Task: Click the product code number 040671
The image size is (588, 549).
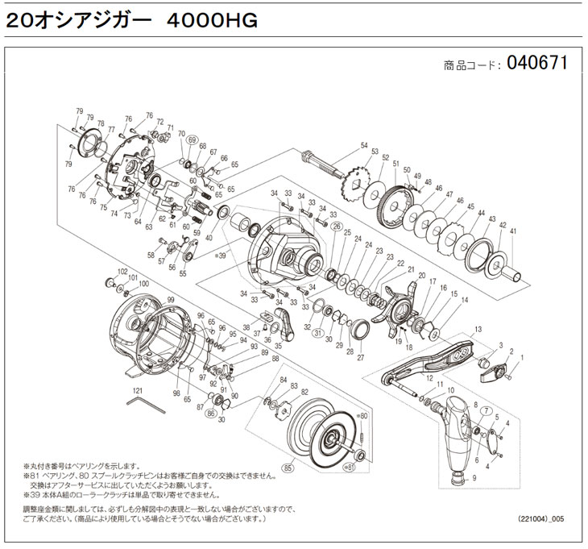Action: [537, 63]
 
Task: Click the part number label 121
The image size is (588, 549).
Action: [126, 389]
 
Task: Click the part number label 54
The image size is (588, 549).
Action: [364, 145]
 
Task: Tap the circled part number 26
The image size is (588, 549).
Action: [337, 226]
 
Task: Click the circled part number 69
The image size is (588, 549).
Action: [192, 140]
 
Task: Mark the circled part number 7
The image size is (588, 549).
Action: [486, 410]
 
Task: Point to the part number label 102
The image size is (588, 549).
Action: [123, 271]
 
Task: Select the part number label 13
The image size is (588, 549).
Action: [478, 330]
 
